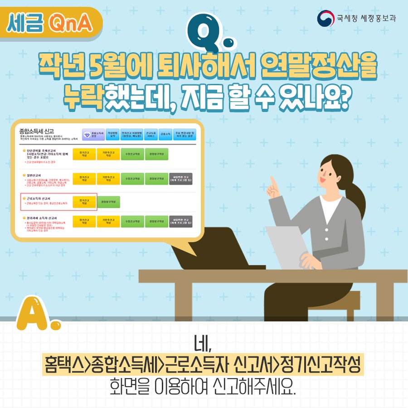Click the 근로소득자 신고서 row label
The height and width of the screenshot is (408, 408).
tap(41, 199)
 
